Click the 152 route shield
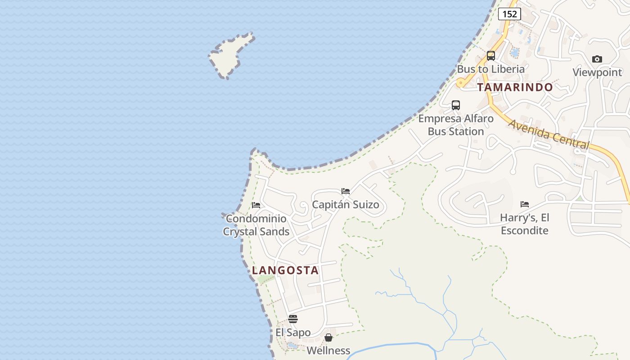tap(509, 14)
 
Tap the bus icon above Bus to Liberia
tap(490, 56)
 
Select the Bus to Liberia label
tap(490, 69)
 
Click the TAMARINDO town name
tap(515, 87)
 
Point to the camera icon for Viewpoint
tap(597, 59)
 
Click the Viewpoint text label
tap(597, 72)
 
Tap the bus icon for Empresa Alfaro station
tap(455, 105)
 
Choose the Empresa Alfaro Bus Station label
tap(455, 125)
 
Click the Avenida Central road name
tap(549, 133)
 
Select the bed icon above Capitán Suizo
tap(346, 191)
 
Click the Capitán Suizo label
tap(346, 205)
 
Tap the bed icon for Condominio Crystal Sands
tap(256, 205)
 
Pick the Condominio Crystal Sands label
tap(256, 225)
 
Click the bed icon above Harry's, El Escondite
tap(524, 204)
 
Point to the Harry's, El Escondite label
tap(524, 224)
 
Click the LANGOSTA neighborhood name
tap(285, 270)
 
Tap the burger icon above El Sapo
tap(293, 319)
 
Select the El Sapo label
tap(293, 333)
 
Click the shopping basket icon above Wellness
tap(328, 337)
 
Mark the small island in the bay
tap(230, 55)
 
